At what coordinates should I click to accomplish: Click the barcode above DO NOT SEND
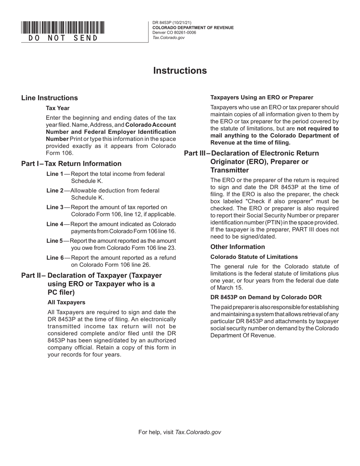tap(63, 28)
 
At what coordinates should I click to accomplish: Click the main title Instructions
tap(180, 71)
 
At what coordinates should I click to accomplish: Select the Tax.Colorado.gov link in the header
tap(169, 38)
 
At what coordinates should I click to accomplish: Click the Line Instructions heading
tap(50, 98)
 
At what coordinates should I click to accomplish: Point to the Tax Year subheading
tap(58, 108)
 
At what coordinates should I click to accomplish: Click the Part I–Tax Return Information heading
tap(72, 164)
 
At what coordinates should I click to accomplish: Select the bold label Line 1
tap(55, 174)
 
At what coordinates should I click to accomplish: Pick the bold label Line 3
tap(55, 207)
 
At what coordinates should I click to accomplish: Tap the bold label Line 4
tap(55, 224)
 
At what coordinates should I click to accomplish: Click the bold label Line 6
tap(55, 258)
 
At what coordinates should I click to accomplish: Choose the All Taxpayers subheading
tap(66, 302)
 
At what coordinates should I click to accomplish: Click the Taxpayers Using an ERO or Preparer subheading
tap(262, 97)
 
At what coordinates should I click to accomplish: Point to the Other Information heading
tap(238, 247)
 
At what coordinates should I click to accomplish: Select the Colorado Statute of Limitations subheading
tap(254, 257)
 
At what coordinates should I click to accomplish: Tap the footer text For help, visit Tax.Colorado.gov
tap(180, 432)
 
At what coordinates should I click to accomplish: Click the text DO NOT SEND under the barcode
tap(63, 38)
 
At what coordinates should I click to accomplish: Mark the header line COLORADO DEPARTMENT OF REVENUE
tap(193, 28)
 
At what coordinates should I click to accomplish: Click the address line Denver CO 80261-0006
tap(174, 33)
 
